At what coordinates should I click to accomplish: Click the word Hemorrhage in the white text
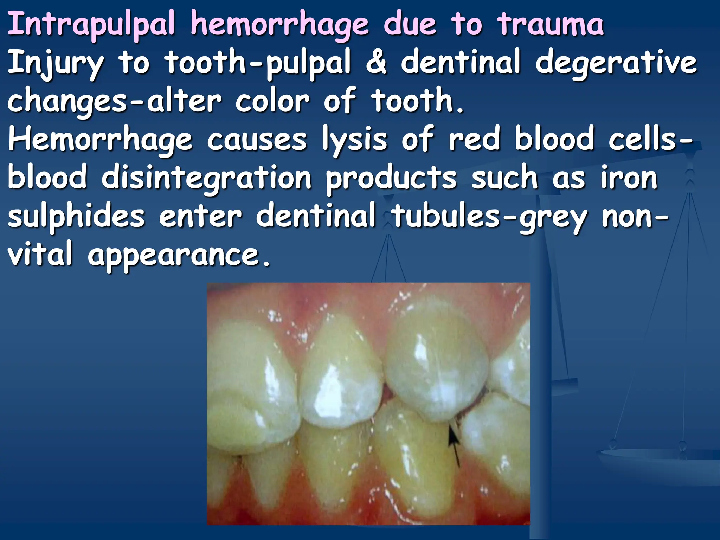pyautogui.click(x=100, y=141)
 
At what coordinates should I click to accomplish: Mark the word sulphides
pyautogui.click(x=76, y=217)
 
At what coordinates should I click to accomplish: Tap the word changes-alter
pyautogui.click(x=115, y=102)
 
